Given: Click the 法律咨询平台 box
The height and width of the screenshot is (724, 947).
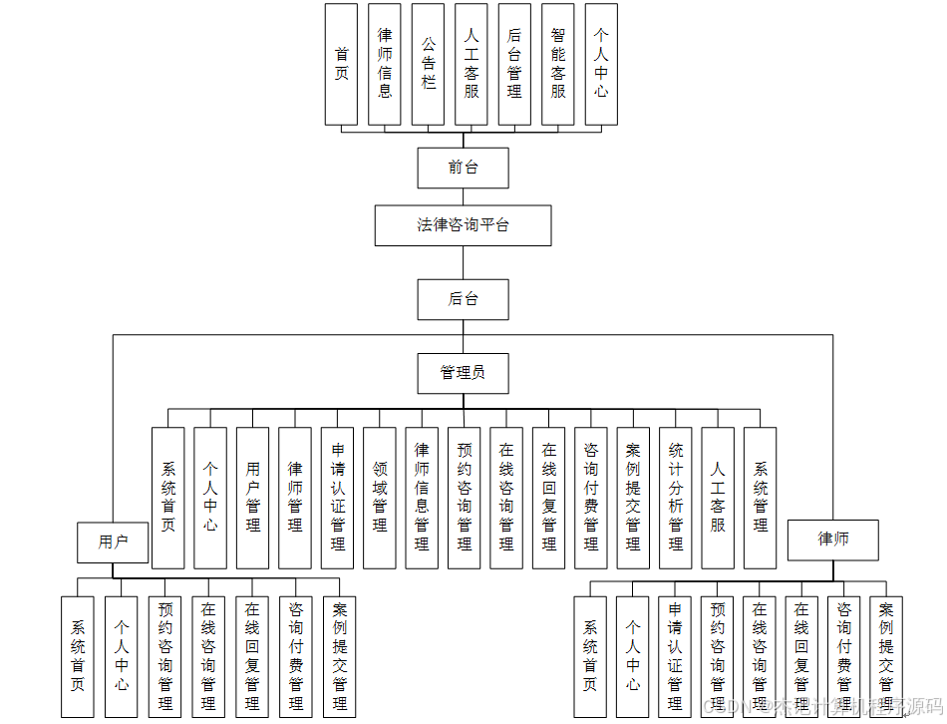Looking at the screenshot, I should pyautogui.click(x=463, y=225).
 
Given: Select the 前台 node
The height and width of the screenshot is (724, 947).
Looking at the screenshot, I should pyautogui.click(x=463, y=168).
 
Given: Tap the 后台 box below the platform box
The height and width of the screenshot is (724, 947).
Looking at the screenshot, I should pyautogui.click(x=463, y=299).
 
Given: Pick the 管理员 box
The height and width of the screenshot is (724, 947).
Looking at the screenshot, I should pyautogui.click(x=463, y=373).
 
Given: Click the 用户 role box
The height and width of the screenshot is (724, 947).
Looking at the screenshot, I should pyautogui.click(x=113, y=542).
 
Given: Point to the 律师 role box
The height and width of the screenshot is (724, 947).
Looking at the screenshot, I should pyautogui.click(x=833, y=540).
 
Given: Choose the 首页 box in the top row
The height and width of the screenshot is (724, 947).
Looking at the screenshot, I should pyautogui.click(x=341, y=64).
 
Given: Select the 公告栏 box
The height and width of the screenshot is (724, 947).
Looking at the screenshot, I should pyautogui.click(x=428, y=64).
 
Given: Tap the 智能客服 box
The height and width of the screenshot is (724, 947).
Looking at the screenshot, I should pyautogui.click(x=557, y=64).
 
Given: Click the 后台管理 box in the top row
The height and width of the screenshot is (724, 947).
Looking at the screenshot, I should pyautogui.click(x=514, y=64).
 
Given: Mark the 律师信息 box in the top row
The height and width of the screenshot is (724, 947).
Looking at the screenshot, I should pyautogui.click(x=385, y=64).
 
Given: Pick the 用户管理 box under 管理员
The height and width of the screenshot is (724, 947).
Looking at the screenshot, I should pyautogui.click(x=253, y=498).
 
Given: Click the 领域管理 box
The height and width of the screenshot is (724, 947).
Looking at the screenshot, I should pyautogui.click(x=380, y=498).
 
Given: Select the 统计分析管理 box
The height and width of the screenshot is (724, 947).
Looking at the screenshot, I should pyautogui.click(x=676, y=498).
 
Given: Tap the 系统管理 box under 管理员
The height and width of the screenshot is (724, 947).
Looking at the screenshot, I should pyautogui.click(x=761, y=498).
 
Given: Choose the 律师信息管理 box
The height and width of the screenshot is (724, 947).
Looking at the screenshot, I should pyautogui.click(x=422, y=498).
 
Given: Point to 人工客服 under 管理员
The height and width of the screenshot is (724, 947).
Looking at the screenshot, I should pyautogui.click(x=718, y=498).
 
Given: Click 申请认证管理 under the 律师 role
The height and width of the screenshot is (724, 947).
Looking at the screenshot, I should pyautogui.click(x=675, y=656).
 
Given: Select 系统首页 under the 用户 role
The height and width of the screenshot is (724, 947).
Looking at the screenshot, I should pyautogui.click(x=78, y=656).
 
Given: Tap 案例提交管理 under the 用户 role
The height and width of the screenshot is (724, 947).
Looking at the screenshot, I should pyautogui.click(x=339, y=656).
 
